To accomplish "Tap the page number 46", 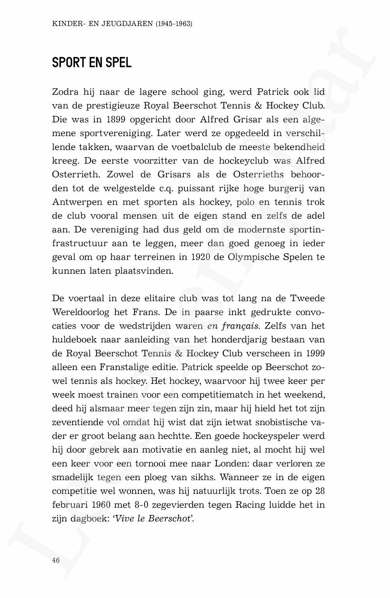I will point(56,560).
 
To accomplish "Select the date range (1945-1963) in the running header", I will point(174,24).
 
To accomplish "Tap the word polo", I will point(245,202).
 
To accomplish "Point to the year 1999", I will point(315,353).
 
